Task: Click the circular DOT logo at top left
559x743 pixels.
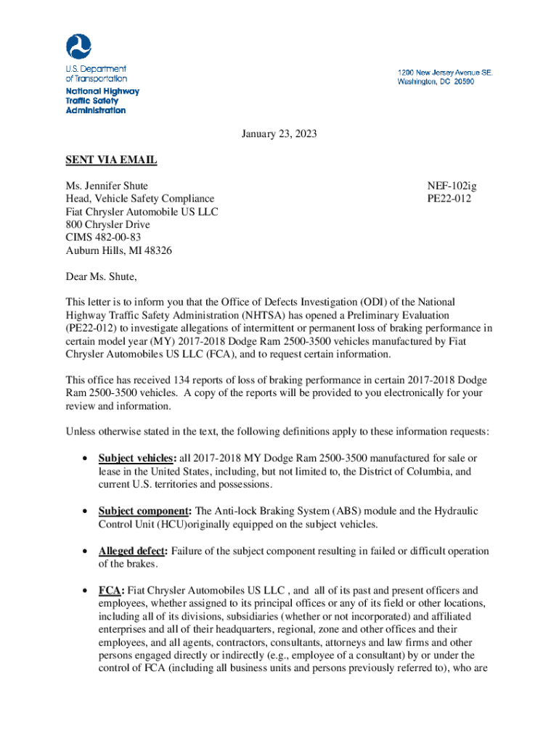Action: [78, 46]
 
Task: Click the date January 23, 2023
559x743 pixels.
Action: [279, 134]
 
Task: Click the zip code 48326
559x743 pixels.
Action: [158, 251]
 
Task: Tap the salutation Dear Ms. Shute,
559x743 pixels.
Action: [101, 276]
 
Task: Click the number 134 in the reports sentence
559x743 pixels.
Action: [176, 380]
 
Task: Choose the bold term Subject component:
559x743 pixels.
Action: [145, 512]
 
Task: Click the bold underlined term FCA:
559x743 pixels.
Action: [112, 591]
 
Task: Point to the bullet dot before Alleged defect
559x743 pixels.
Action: [85, 552]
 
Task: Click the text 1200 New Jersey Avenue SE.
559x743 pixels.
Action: [444, 73]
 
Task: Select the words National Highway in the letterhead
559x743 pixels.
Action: [102, 91]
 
